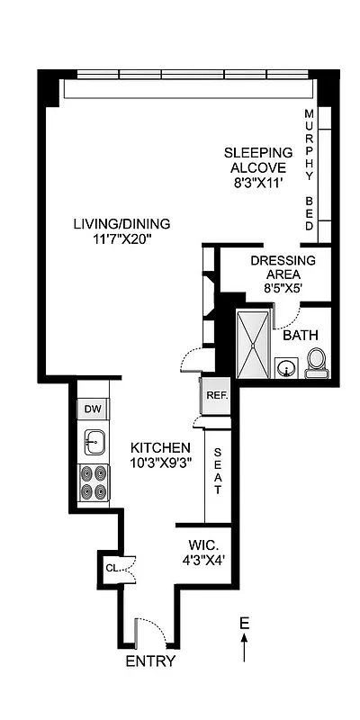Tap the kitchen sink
coord(94,441)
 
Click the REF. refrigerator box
coord(215,395)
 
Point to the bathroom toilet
coord(315,363)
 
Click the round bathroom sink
coord(287,368)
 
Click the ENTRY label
coord(150,661)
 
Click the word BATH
coord(301,335)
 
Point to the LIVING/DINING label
coord(121,224)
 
